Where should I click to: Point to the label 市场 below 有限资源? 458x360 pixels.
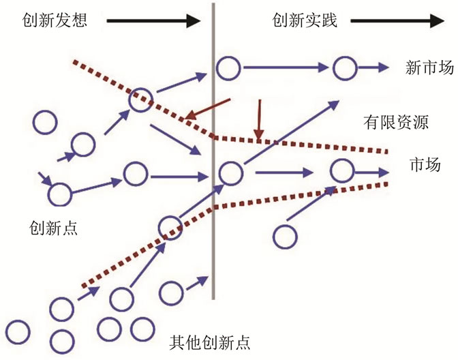coord(424,165)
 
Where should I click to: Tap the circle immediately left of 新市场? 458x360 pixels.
coord(345,67)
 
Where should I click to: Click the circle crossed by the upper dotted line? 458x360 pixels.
coord(141,100)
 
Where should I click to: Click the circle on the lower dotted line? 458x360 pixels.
coord(171,228)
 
